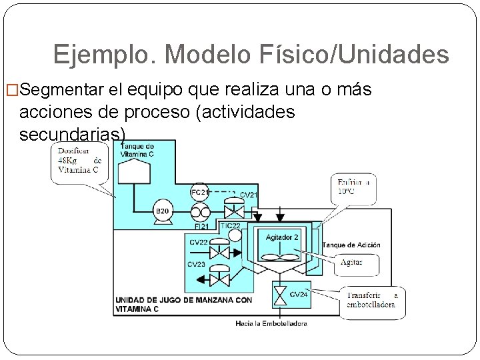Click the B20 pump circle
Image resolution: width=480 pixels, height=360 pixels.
pyautogui.click(x=162, y=211)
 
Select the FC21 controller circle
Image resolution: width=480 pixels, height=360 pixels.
pyautogui.click(x=199, y=192)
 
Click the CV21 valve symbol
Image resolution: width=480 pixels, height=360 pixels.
pyautogui.click(x=233, y=211)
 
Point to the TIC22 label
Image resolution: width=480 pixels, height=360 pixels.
pyautogui.click(x=230, y=227)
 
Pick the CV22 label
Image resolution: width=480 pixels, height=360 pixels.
pyautogui.click(x=199, y=242)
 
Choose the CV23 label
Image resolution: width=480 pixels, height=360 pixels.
pyautogui.click(x=197, y=264)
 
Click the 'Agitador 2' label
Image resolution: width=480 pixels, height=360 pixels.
pyautogui.click(x=283, y=237)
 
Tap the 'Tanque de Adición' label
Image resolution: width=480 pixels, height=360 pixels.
pyautogui.click(x=351, y=245)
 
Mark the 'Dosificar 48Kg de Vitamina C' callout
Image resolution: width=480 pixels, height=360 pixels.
pyautogui.click(x=79, y=161)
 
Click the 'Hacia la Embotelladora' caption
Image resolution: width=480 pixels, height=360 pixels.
pyautogui.click(x=271, y=323)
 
